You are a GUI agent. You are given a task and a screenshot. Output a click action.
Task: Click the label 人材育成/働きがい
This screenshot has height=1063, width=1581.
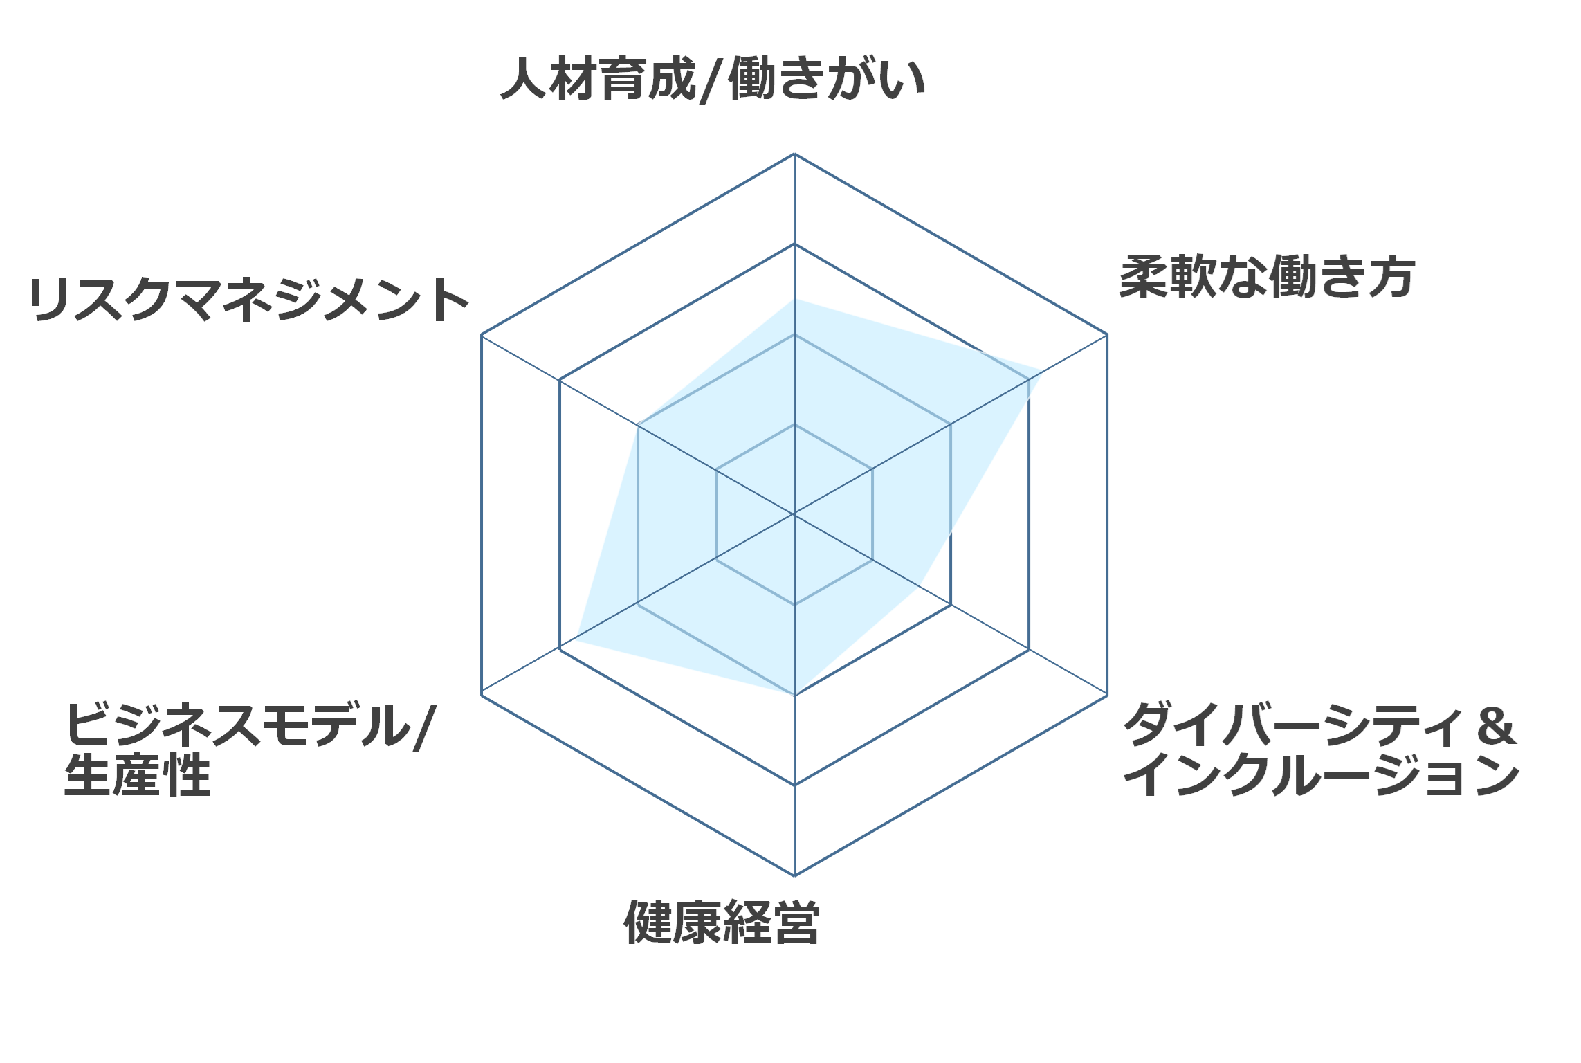point(713,80)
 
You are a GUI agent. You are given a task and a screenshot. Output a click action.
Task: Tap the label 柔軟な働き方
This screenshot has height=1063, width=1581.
point(1267,278)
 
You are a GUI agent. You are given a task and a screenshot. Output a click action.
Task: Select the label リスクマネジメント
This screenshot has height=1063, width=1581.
point(250,300)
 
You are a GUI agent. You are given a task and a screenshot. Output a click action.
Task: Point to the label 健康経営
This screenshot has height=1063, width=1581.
point(722,923)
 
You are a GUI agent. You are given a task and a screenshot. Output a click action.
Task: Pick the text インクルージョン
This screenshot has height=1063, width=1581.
point(1322,774)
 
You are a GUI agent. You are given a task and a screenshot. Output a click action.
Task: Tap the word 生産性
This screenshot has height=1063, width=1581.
point(137,774)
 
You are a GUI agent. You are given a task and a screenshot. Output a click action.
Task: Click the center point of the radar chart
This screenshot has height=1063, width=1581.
point(794,514)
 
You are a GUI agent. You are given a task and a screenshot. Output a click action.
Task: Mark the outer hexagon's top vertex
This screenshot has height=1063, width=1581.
point(794,154)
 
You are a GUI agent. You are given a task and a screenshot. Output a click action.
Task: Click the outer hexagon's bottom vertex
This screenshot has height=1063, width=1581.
point(794,875)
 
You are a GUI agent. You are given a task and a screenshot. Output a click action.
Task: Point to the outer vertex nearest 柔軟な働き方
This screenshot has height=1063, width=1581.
point(1107,334)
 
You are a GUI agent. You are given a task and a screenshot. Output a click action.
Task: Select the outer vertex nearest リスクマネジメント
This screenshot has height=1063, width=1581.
point(482,335)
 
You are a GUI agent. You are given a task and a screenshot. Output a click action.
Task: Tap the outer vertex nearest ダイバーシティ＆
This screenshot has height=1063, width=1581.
point(1107,695)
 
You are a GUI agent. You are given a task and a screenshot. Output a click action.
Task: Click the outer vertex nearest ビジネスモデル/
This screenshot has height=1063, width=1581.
point(482,694)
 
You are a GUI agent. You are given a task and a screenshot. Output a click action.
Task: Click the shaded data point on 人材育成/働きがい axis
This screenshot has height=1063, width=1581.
point(794,299)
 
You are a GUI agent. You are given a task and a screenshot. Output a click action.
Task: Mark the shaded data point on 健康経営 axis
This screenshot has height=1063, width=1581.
point(794,694)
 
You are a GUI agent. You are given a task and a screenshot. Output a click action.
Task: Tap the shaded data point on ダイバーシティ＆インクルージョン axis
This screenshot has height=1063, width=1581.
point(920,586)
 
